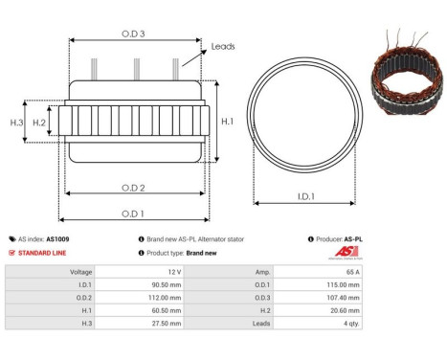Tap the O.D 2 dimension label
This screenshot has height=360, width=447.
coord(133,187)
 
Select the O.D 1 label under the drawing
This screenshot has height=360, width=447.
coord(133,214)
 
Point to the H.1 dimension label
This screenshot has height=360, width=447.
coord(227,122)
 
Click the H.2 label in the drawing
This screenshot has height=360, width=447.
coord(39,122)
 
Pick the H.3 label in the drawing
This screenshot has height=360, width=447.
coord(16,122)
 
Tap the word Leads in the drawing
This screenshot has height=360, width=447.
coord(223,46)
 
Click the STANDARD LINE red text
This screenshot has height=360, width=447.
coord(44,253)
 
